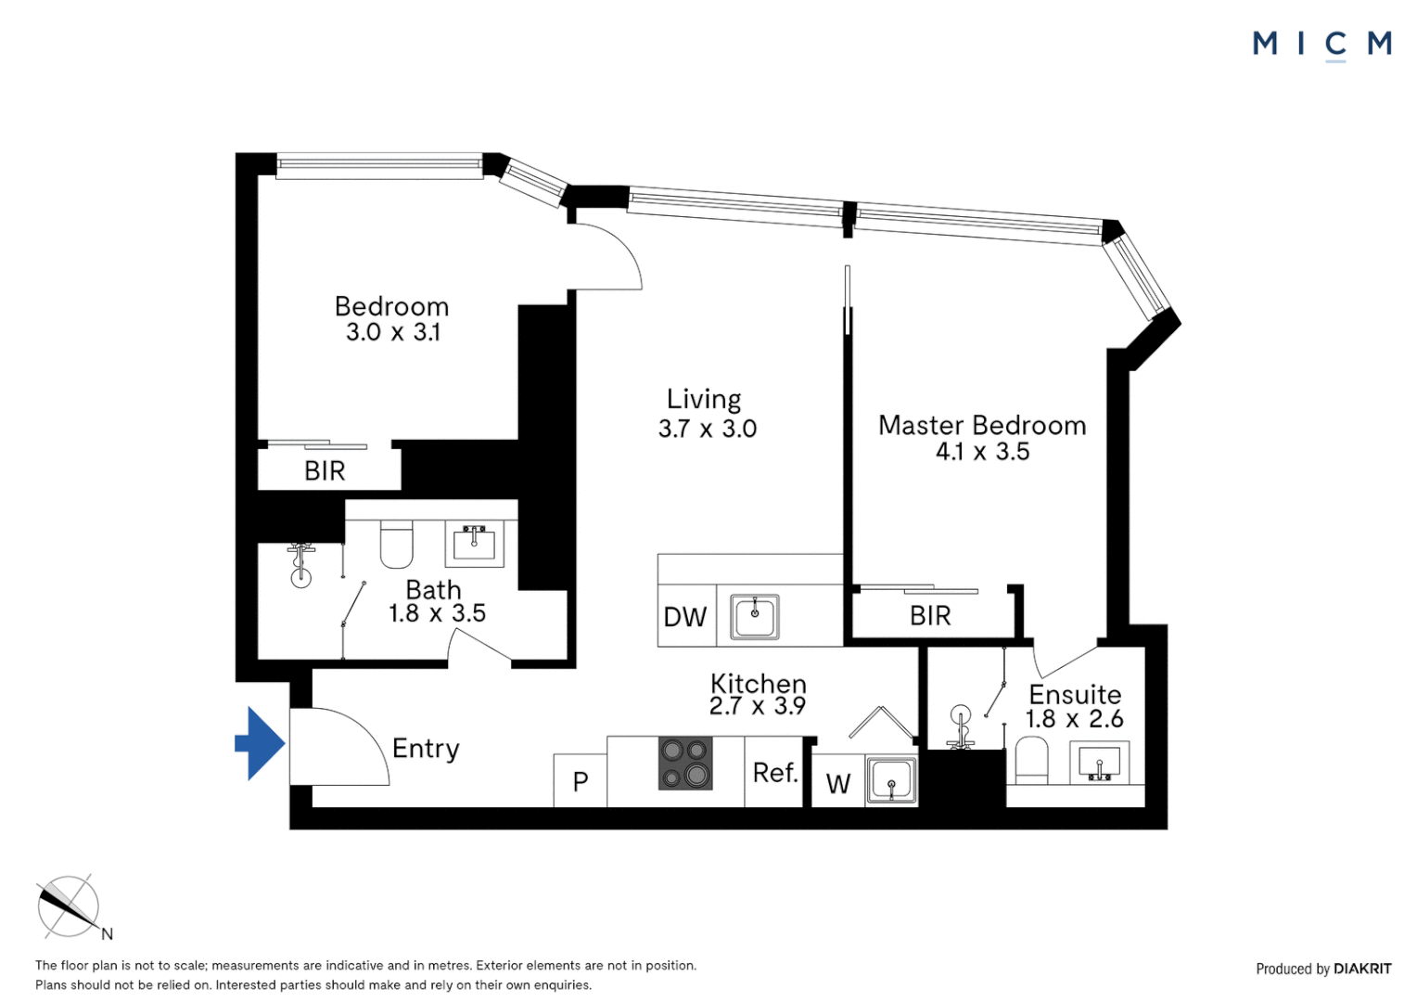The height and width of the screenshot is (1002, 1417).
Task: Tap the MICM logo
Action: click(1321, 44)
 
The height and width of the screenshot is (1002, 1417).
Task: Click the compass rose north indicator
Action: click(69, 906)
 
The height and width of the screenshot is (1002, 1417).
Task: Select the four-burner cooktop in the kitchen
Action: click(685, 763)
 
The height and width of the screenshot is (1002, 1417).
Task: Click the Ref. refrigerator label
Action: click(775, 773)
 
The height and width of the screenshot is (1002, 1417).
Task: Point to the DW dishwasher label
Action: click(685, 617)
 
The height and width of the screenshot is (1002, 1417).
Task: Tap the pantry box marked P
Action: click(581, 781)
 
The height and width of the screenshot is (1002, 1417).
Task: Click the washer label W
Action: click(838, 784)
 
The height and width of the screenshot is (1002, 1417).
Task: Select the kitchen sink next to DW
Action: click(755, 617)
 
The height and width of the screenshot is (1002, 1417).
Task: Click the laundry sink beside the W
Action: click(892, 780)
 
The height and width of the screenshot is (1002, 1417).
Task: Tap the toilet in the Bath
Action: click(396, 545)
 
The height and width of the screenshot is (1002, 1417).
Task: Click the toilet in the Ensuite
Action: click(1031, 761)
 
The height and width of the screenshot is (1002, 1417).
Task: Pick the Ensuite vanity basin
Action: click(1099, 764)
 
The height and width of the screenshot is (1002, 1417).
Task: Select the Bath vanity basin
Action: click(475, 543)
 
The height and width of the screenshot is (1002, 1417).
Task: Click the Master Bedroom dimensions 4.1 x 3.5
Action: click(982, 452)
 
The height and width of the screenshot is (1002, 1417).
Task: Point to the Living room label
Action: click(704, 399)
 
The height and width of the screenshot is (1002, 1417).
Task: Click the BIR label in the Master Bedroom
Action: click(930, 616)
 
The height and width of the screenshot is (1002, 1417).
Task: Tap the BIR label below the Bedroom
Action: click(325, 471)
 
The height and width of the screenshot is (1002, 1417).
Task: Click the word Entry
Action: click(426, 749)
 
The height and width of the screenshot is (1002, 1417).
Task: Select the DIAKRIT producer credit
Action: click(1361, 969)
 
